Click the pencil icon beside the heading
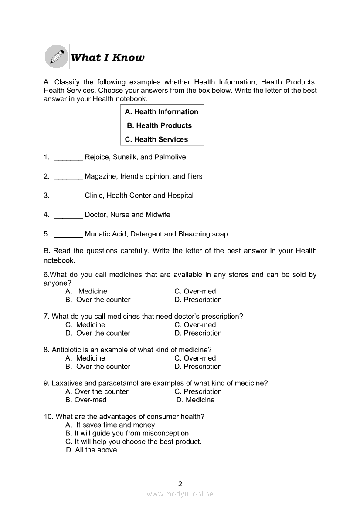click(56, 57)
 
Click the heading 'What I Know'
click(107, 57)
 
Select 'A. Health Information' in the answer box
click(161, 111)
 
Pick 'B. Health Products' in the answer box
click(159, 125)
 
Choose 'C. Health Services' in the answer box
click(156, 139)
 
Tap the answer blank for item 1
click(68, 158)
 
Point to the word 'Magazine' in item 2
click(100, 176)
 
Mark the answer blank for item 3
click(68, 196)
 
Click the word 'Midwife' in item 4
click(158, 215)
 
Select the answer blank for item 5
click(68, 234)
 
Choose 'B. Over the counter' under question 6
click(98, 300)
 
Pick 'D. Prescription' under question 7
click(198, 333)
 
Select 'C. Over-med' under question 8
click(195, 358)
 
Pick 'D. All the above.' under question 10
click(92, 450)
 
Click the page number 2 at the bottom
click(180, 483)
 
